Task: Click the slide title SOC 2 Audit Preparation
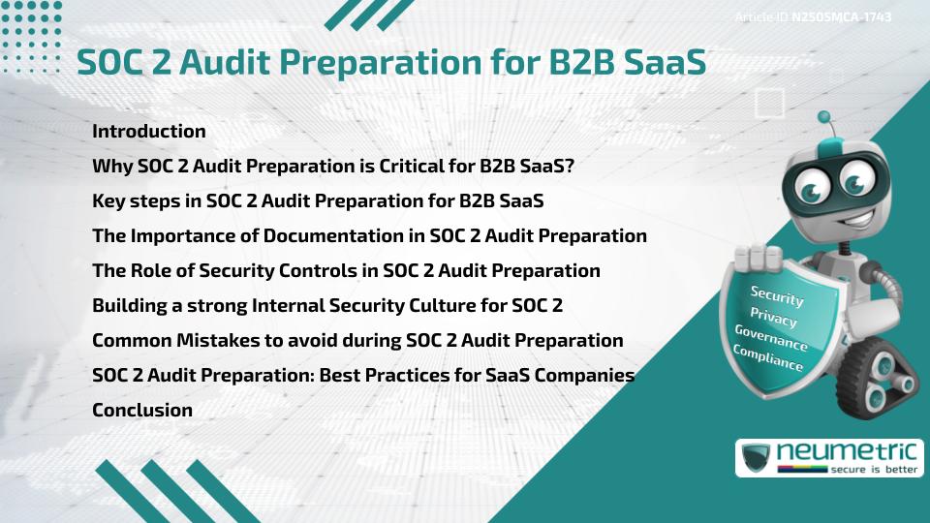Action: click(391, 62)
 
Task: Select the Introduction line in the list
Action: click(149, 131)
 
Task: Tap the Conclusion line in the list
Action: click(142, 410)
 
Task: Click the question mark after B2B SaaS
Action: click(570, 166)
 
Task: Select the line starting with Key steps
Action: click(318, 201)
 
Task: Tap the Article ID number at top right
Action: click(841, 16)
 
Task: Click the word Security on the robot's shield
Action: click(777, 295)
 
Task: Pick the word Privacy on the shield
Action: click(773, 318)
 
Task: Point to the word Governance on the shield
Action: click(771, 337)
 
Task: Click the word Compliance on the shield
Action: click(767, 357)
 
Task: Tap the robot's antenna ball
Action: click(823, 117)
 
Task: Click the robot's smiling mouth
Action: click(854, 220)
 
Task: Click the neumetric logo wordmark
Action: click(847, 452)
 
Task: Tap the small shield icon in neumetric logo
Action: click(757, 457)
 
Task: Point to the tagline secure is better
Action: click(874, 470)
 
